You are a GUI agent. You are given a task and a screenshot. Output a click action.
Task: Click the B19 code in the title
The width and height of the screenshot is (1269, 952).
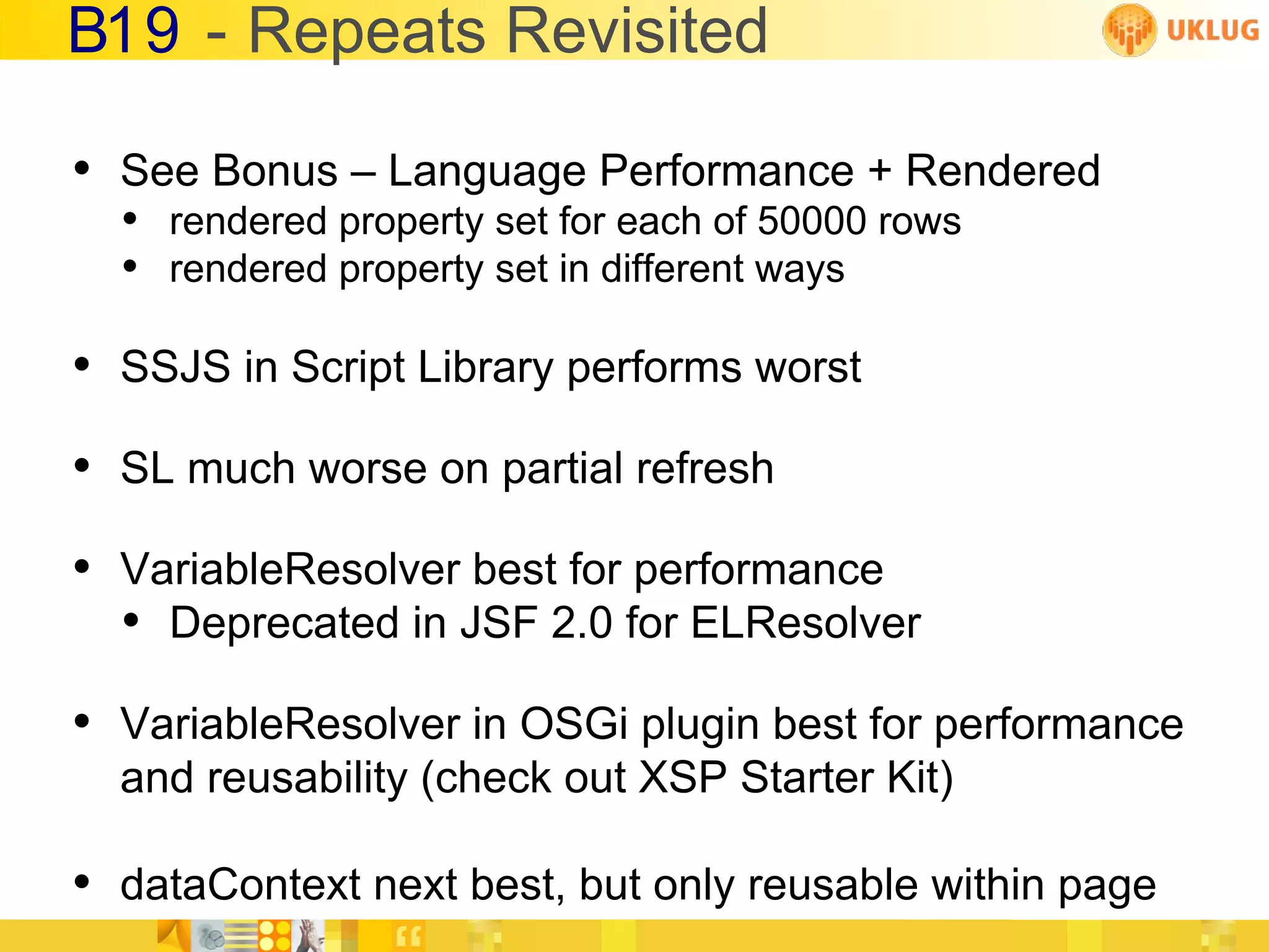[x=123, y=31]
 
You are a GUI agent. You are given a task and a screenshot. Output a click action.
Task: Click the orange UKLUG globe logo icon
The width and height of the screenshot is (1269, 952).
[x=1129, y=29]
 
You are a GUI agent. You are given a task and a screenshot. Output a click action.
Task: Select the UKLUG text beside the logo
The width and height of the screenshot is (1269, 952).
[x=1213, y=30]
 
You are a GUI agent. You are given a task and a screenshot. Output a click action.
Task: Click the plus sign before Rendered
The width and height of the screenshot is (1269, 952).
[x=879, y=171]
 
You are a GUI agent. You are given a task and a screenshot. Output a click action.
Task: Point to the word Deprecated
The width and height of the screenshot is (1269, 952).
[x=284, y=623]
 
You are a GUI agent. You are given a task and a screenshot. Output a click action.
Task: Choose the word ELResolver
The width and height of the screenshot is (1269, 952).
[x=805, y=623]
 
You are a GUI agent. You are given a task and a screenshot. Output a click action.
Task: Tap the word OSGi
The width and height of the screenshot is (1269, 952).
[x=573, y=724]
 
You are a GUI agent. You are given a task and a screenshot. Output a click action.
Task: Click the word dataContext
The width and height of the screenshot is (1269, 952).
[x=240, y=884]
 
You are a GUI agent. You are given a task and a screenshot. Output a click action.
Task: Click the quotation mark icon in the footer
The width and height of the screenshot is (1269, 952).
[x=408, y=937]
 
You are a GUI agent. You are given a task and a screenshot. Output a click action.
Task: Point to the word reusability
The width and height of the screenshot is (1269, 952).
[x=307, y=778]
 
